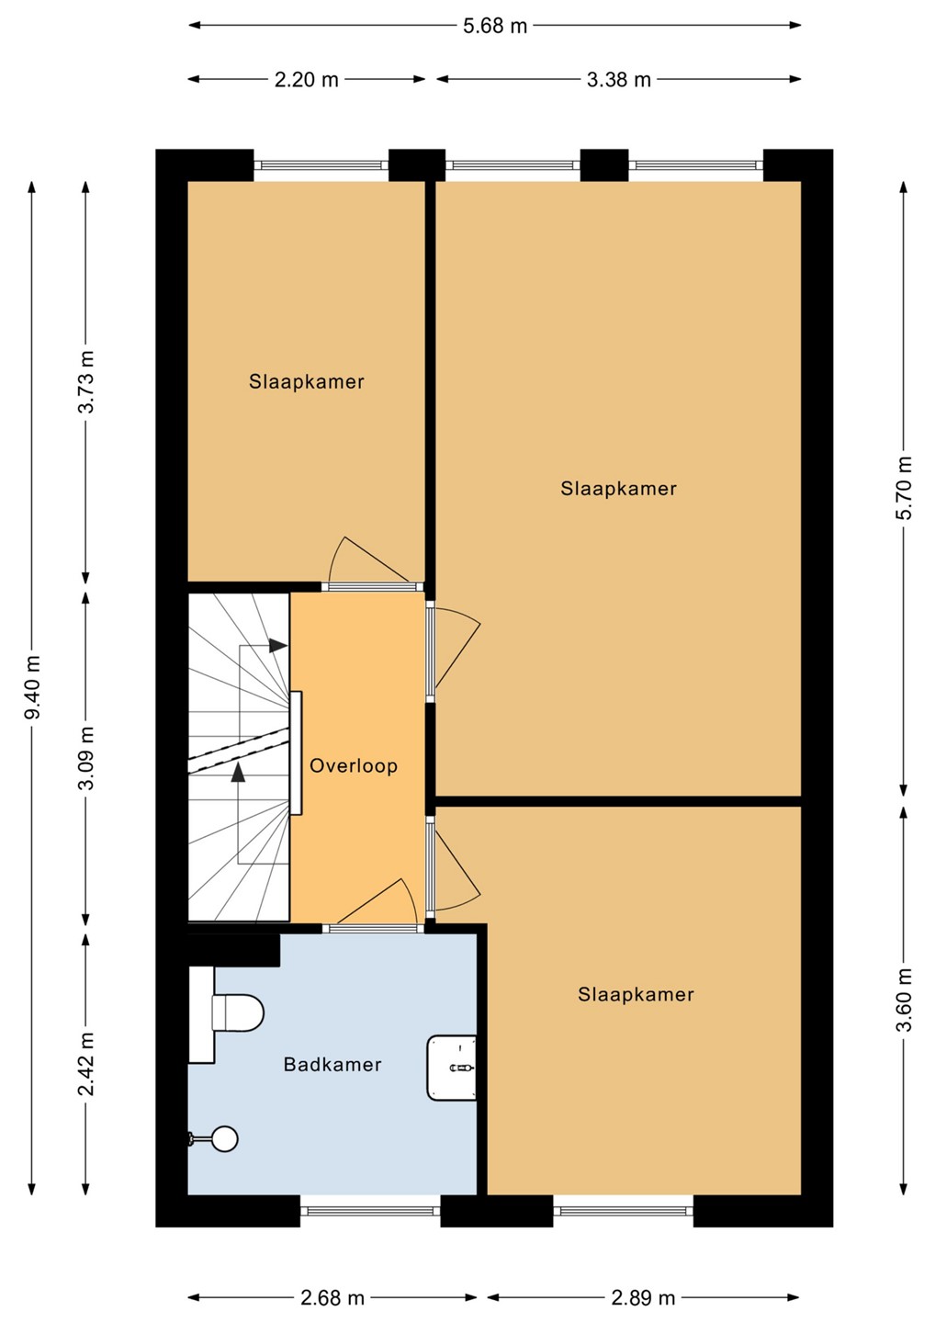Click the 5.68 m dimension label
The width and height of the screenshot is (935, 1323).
coord(495,27)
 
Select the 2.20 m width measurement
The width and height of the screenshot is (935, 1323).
coord(307,80)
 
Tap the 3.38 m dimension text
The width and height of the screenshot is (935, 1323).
coord(619,80)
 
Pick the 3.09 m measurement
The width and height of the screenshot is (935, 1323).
coord(86,758)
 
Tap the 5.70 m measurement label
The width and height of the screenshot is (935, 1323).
coord(904,488)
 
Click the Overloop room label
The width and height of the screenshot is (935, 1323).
coord(354,766)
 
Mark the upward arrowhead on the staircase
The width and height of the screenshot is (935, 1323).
coord(238,773)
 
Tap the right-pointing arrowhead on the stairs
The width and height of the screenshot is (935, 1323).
coord(278,646)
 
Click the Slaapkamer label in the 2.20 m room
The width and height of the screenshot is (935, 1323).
coord(307,381)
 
